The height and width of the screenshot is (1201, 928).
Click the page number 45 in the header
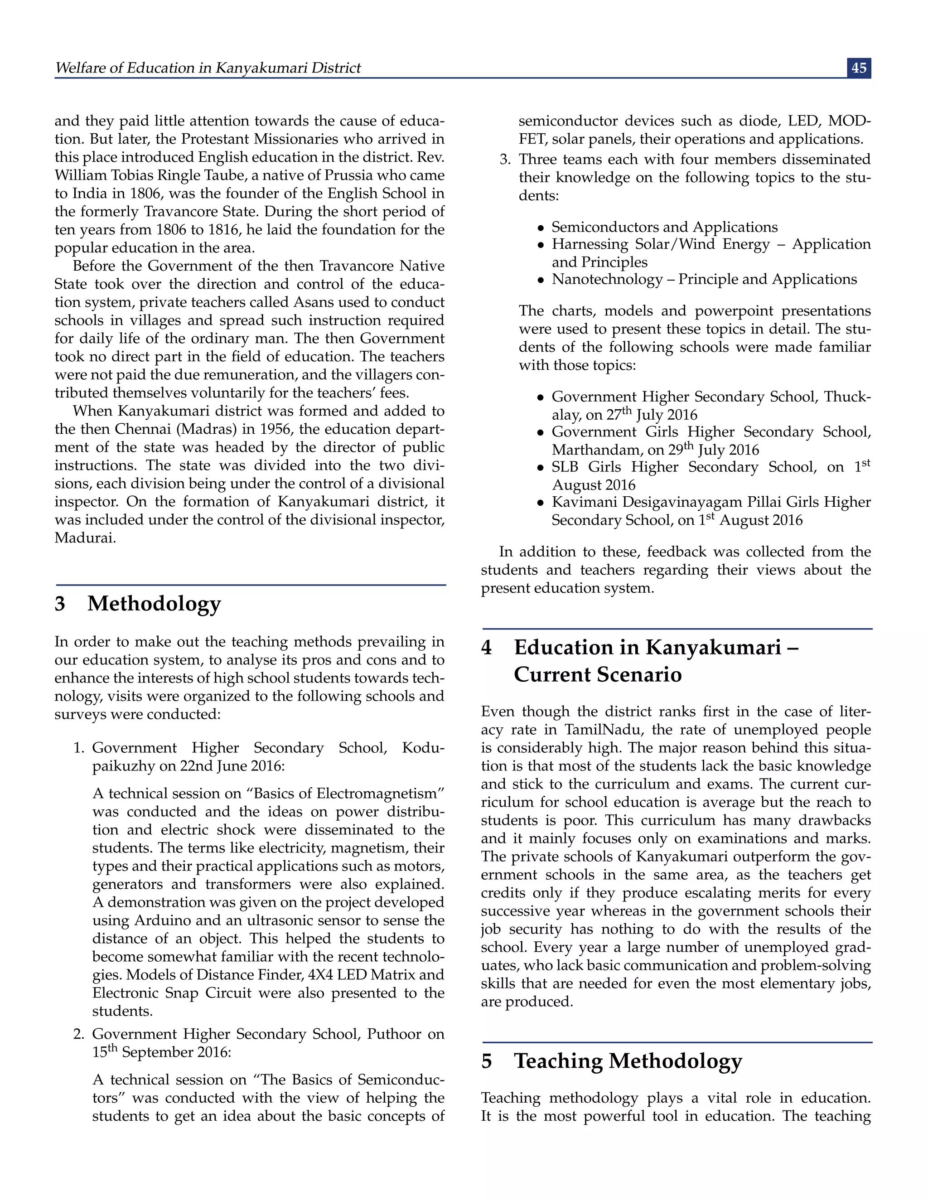pyautogui.click(x=859, y=68)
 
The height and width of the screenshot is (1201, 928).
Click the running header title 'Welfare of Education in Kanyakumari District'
pyautogui.click(x=208, y=68)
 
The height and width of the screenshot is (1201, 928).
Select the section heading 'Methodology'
pyautogui.click(x=154, y=603)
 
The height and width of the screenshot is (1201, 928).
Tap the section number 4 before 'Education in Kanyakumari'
pyautogui.click(x=486, y=647)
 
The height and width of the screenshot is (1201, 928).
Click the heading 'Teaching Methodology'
pyautogui.click(x=628, y=1061)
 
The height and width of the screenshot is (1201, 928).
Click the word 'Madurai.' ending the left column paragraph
pyautogui.click(x=85, y=538)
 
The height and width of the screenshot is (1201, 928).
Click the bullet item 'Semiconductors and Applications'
pyautogui.click(x=665, y=227)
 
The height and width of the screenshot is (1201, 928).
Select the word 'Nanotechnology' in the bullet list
pyautogui.click(x=607, y=279)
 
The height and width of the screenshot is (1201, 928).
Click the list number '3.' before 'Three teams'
pyautogui.click(x=505, y=160)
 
